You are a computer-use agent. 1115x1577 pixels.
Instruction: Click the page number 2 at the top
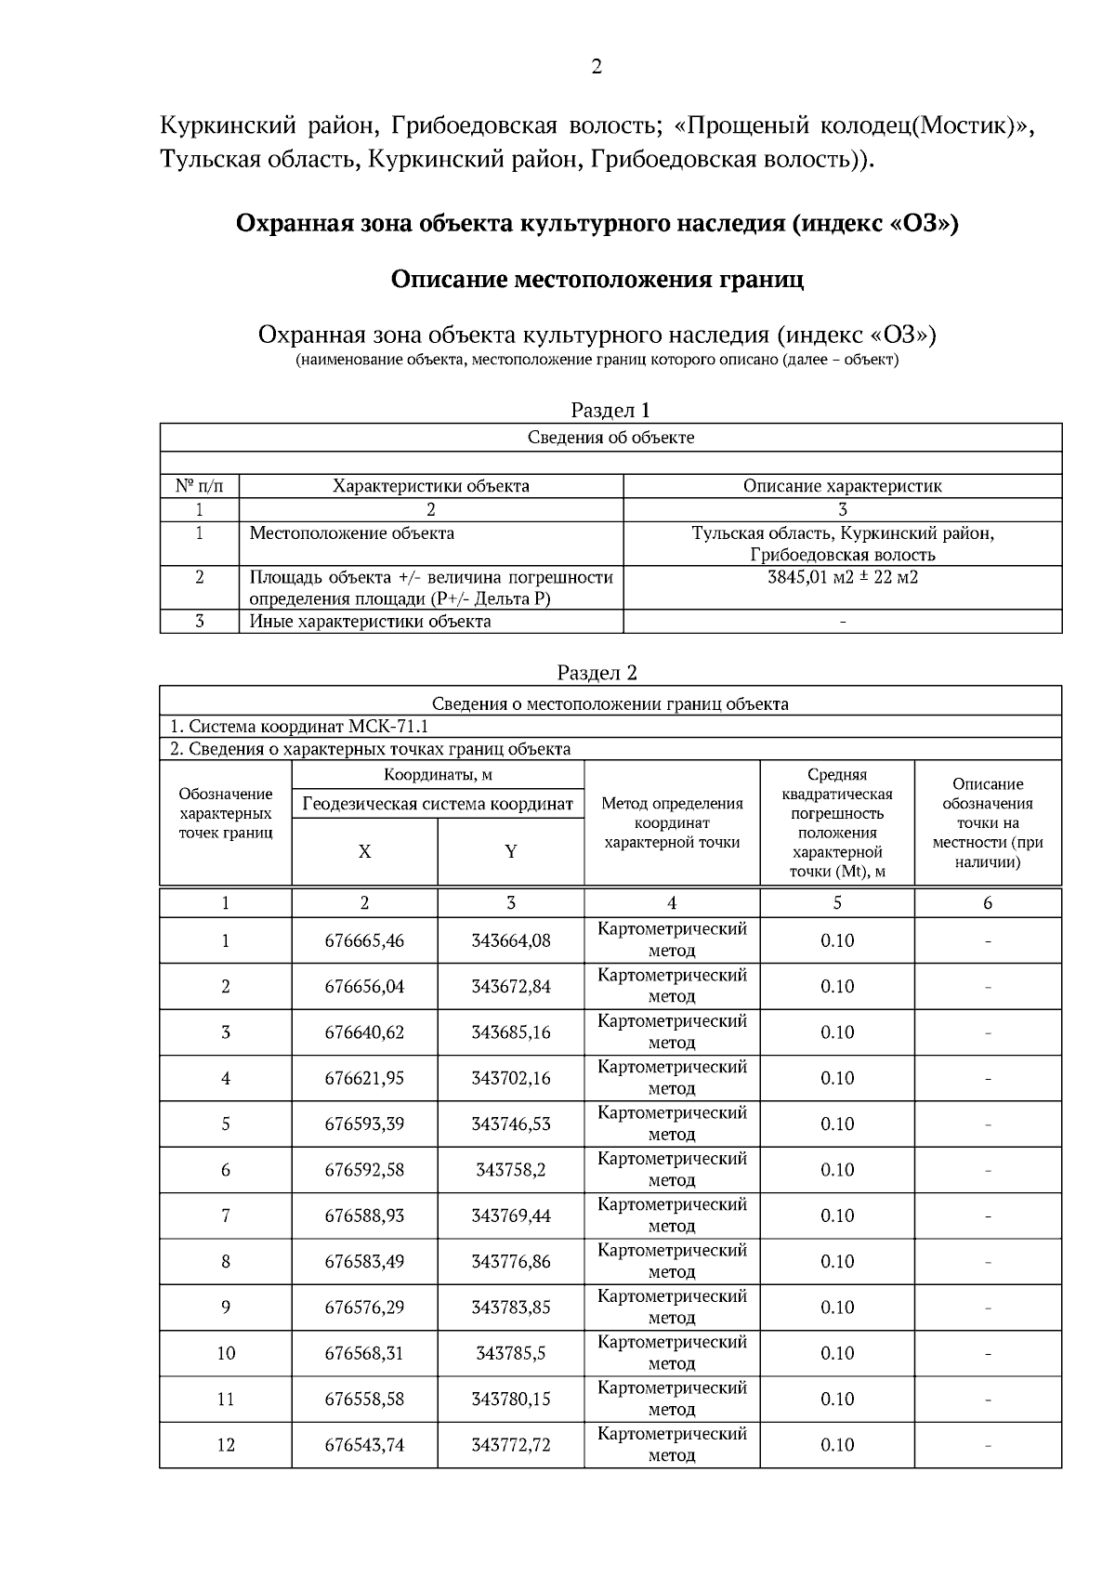tap(596, 67)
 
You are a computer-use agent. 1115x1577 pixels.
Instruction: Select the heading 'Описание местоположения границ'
tap(597, 280)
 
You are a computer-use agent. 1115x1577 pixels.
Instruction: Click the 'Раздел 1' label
tap(610, 410)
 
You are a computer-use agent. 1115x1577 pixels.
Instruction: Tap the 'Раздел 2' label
tap(597, 673)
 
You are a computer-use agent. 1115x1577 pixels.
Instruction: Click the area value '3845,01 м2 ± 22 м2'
tap(842, 577)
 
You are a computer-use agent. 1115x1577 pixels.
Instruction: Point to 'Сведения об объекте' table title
tap(610, 438)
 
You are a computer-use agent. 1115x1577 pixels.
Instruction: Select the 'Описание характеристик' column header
tap(842, 486)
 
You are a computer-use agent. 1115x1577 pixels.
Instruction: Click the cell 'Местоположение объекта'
tap(352, 533)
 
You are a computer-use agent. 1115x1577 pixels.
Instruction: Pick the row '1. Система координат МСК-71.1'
tap(299, 727)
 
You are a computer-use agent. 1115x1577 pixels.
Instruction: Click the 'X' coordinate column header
tap(364, 852)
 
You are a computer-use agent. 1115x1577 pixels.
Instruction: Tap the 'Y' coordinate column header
tap(510, 852)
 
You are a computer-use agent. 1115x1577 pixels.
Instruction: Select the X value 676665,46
tap(364, 940)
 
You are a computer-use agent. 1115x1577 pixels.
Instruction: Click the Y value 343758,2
tap(510, 1170)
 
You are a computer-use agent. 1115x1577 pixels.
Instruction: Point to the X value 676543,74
tap(364, 1445)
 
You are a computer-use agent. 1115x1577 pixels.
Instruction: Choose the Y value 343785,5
tap(510, 1353)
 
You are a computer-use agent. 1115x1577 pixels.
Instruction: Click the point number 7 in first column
tap(225, 1216)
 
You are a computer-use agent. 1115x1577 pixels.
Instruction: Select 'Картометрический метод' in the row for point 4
tap(672, 1078)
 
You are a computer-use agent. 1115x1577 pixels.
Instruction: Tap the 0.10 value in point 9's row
tap(836, 1308)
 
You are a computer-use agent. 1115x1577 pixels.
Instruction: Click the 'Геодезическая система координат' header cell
tap(438, 804)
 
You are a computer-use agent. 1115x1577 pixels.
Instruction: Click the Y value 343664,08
tap(510, 940)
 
